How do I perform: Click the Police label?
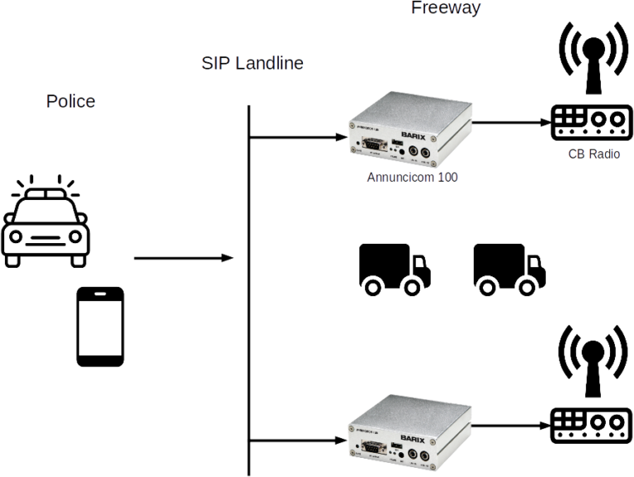click(70, 102)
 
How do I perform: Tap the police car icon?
click(46, 223)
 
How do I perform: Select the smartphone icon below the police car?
click(100, 327)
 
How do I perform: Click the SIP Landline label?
click(252, 63)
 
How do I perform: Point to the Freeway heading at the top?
click(446, 8)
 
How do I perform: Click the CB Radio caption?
click(594, 155)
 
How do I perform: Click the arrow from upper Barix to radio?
click(512, 121)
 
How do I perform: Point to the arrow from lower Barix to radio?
click(512, 423)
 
